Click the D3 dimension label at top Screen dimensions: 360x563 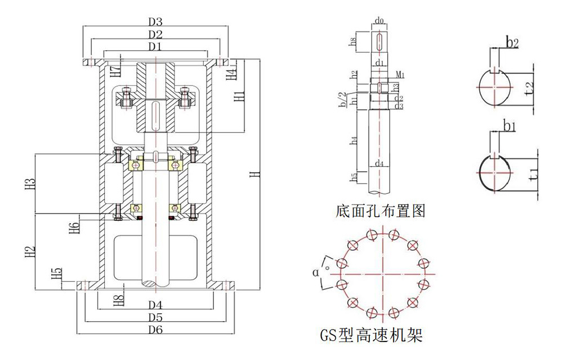click(156, 22)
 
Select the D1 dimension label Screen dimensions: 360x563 click(156, 46)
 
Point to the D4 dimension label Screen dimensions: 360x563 click(156, 305)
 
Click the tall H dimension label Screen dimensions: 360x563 click(254, 175)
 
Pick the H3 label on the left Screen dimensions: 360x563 click(32, 184)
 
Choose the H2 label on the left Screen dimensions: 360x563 click(32, 252)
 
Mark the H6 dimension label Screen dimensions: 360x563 click(74, 228)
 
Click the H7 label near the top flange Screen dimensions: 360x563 click(115, 71)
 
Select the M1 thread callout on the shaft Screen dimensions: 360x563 click(400, 75)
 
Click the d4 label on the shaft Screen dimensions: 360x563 click(380, 164)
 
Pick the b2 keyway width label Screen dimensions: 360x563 click(511, 42)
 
